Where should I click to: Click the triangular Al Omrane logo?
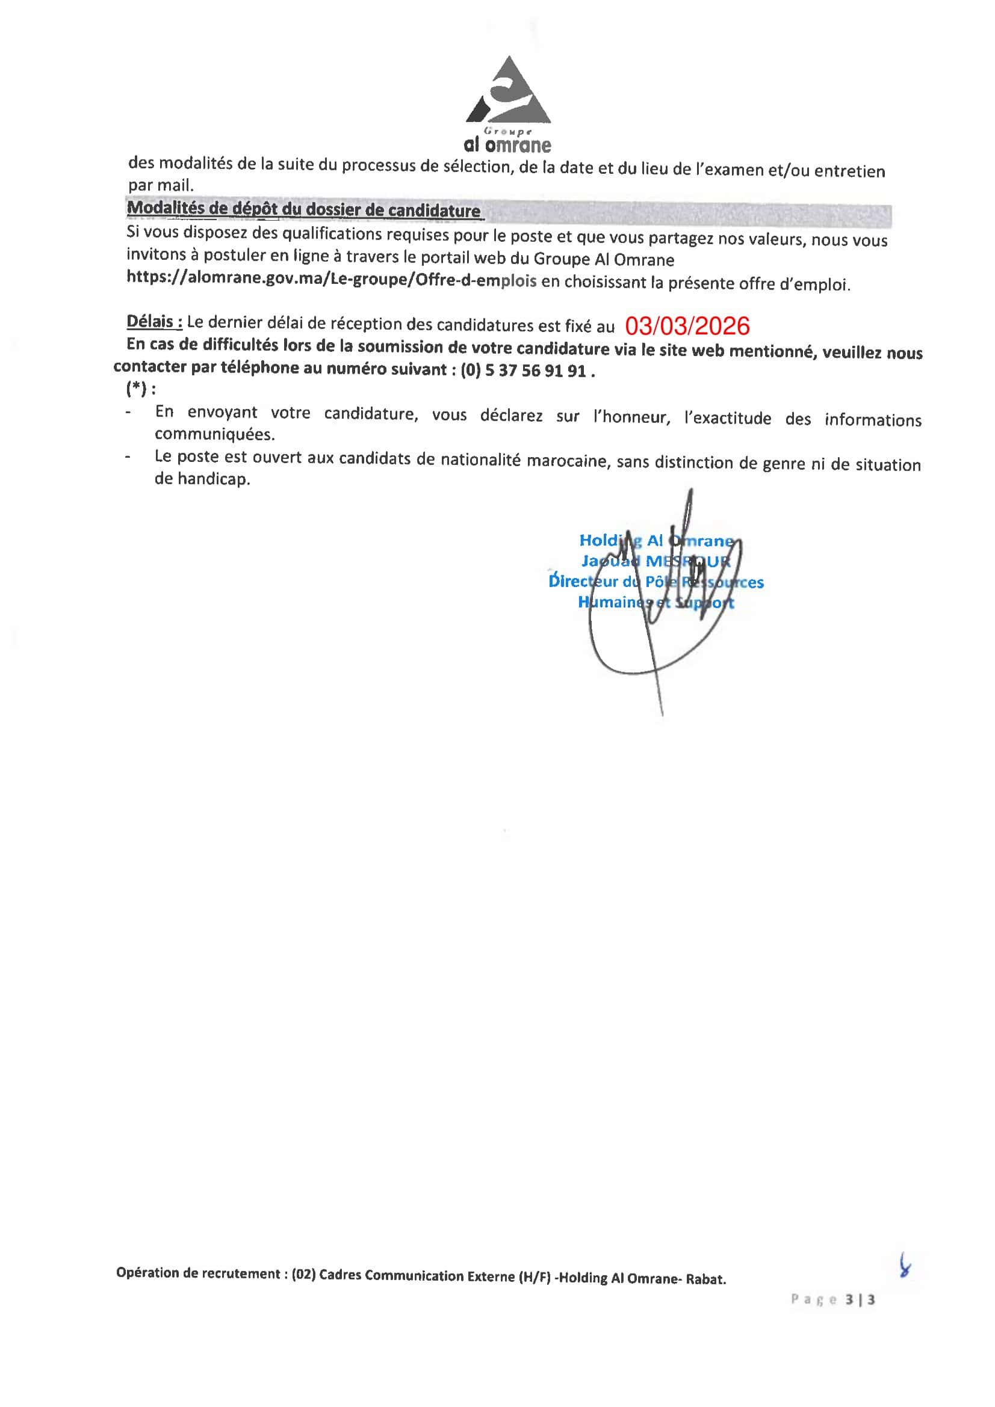pyautogui.click(x=507, y=92)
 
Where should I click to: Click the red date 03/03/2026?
pyautogui.click(x=687, y=327)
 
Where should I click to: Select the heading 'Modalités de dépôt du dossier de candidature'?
pyautogui.click(x=303, y=209)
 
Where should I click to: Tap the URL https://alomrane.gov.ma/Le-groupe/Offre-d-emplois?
pyautogui.click(x=331, y=280)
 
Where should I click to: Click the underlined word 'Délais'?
pyautogui.click(x=154, y=322)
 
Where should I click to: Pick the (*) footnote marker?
pyautogui.click(x=137, y=389)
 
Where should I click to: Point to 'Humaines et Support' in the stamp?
pyautogui.click(x=656, y=602)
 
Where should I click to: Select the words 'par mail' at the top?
pyautogui.click(x=160, y=185)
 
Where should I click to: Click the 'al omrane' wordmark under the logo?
pyautogui.click(x=507, y=145)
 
